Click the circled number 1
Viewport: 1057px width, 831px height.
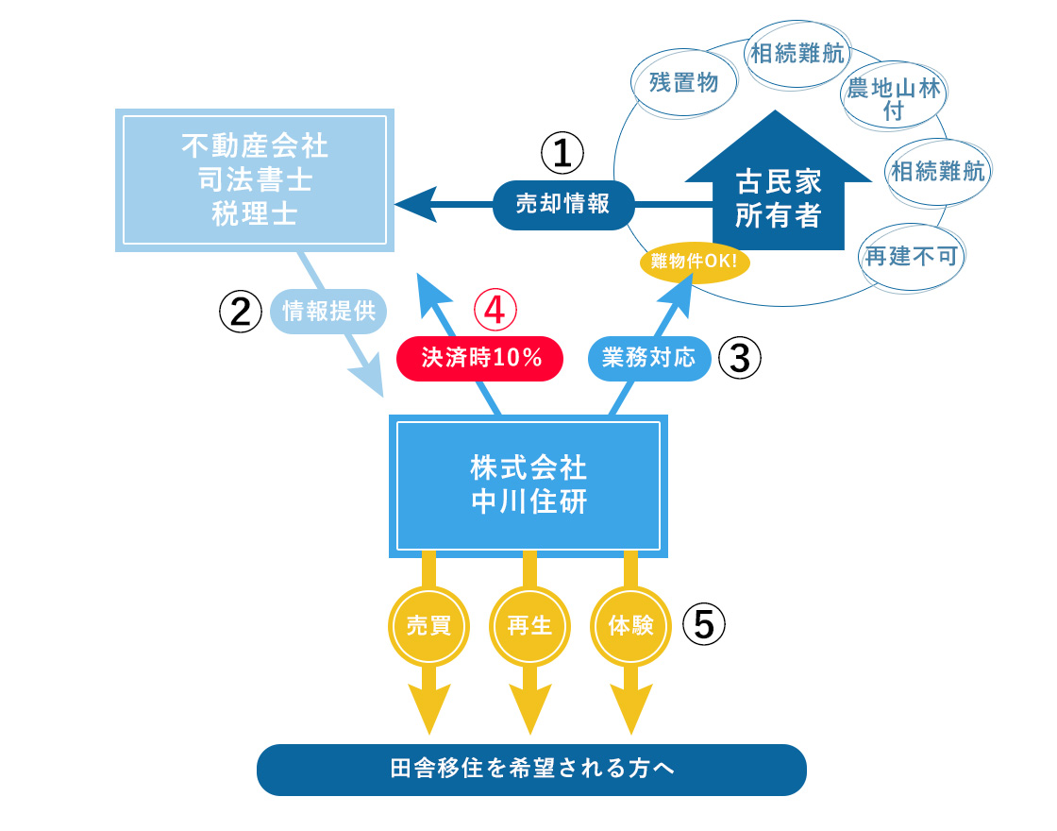click(x=562, y=153)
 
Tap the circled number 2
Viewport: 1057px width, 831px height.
click(x=241, y=311)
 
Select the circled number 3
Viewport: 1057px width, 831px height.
click(x=740, y=358)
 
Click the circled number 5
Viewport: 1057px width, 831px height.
click(x=703, y=624)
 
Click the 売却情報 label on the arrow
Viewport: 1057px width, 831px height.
click(x=563, y=204)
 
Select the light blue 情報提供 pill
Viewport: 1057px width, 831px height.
click(x=329, y=311)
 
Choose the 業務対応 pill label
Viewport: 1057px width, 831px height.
click(x=648, y=358)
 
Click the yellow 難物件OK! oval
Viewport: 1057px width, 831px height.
click(x=695, y=262)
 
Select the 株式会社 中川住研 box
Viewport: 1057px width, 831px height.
click(x=528, y=485)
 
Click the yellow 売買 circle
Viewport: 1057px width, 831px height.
click(x=428, y=625)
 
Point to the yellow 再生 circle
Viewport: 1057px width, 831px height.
click(x=529, y=625)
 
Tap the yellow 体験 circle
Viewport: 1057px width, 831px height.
click(x=631, y=625)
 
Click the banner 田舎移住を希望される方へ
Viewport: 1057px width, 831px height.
click(x=532, y=769)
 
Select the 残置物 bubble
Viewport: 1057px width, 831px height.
click(x=684, y=82)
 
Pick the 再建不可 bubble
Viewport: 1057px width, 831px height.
click(x=911, y=255)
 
